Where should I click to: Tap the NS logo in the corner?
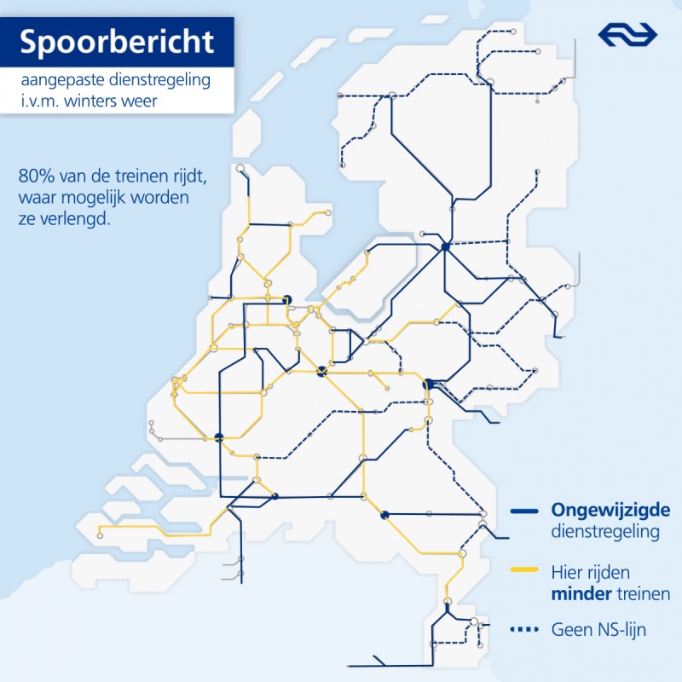click(628, 34)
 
